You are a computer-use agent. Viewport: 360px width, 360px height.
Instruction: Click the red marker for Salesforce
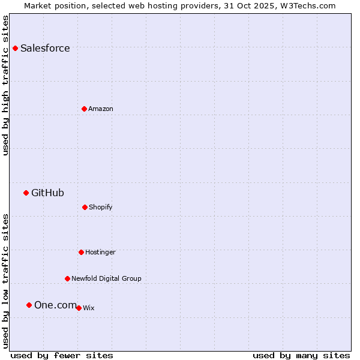pos(15,48)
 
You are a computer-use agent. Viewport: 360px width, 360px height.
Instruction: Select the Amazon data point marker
pos(84,109)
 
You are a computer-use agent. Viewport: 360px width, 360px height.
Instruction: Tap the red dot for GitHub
pos(26,193)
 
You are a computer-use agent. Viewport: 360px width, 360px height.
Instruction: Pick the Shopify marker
pos(85,207)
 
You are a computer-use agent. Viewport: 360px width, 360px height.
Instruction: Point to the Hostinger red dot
pos(81,252)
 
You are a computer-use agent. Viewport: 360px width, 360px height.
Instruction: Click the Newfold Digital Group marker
pos(67,278)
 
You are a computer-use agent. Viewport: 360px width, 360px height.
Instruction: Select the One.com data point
pos(29,305)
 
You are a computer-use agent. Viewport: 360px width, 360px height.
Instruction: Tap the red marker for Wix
pos(79,308)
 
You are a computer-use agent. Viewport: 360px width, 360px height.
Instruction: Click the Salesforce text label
pos(45,48)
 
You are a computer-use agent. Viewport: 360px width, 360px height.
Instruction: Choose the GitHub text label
pos(47,193)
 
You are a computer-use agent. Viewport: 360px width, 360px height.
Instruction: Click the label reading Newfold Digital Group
pos(106,278)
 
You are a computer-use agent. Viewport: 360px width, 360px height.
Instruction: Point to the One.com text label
pos(55,305)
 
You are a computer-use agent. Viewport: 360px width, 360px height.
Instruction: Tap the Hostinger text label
pos(100,252)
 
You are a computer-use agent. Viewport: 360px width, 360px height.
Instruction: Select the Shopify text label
pos(100,207)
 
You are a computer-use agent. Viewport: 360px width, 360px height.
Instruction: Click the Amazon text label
pos(100,109)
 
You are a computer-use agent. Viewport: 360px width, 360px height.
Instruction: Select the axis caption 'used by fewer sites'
pos(62,355)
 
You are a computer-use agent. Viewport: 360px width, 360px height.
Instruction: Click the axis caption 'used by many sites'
pos(301,355)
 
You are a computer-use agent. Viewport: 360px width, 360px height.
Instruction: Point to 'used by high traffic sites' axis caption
pos(6,85)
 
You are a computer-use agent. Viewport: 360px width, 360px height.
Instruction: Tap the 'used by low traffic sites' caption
pos(6,281)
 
